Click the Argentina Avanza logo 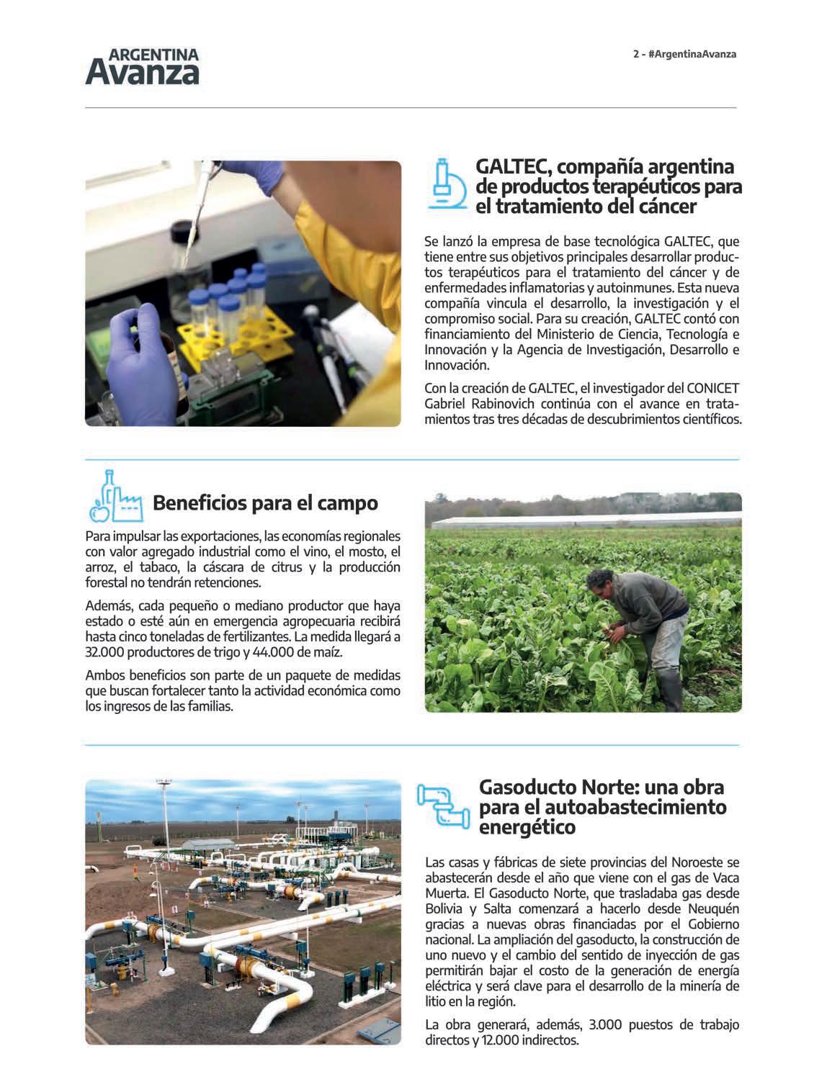(142, 67)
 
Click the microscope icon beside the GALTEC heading (446, 184)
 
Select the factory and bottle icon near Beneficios (115, 497)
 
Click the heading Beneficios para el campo (265, 502)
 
